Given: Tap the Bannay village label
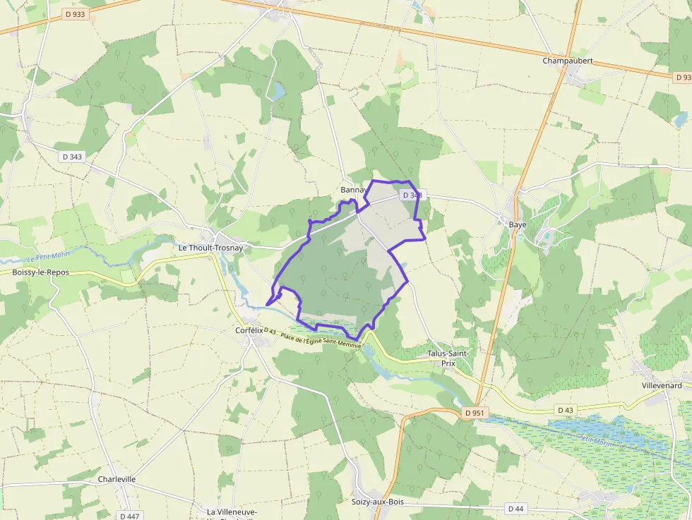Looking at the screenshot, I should (353, 190).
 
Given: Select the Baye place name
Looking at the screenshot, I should (518, 224).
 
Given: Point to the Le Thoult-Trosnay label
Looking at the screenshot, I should (210, 248).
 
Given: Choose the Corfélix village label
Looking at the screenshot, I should (249, 329).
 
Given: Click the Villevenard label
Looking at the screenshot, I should (662, 385).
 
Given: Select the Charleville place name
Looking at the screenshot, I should (117, 479).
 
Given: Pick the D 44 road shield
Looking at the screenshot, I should (516, 508).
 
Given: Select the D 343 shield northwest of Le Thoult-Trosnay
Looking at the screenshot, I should (72, 157).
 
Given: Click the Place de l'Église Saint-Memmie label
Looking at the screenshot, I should (321, 341).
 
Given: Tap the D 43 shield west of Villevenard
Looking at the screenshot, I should (565, 409).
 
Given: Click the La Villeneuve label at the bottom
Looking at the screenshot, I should (232, 512).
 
